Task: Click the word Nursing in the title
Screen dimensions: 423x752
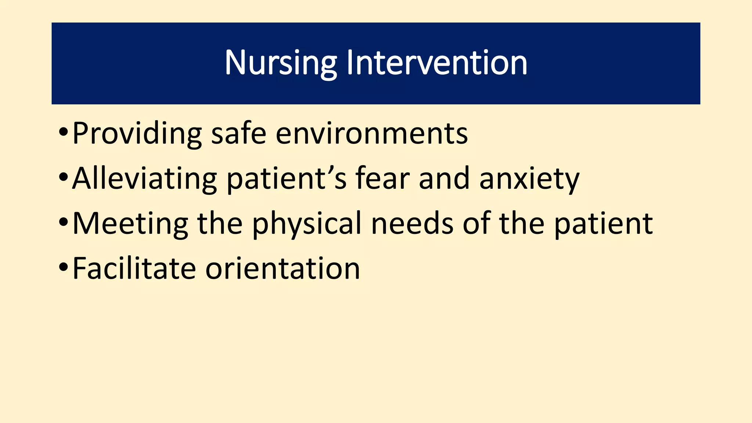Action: [x=281, y=63]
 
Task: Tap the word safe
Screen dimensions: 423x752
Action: [x=239, y=134]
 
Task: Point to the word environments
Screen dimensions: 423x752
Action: [x=372, y=134]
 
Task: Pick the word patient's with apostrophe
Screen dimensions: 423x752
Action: [x=286, y=179]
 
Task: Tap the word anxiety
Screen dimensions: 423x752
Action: [x=529, y=179]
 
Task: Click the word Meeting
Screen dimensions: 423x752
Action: [x=130, y=224]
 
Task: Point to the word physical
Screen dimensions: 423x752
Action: [x=307, y=224]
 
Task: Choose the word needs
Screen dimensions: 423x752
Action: [x=412, y=224]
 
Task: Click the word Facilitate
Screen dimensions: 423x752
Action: [x=134, y=269]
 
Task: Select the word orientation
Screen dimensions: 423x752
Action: [x=282, y=269]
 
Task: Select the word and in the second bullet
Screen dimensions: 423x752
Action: [x=444, y=179]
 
